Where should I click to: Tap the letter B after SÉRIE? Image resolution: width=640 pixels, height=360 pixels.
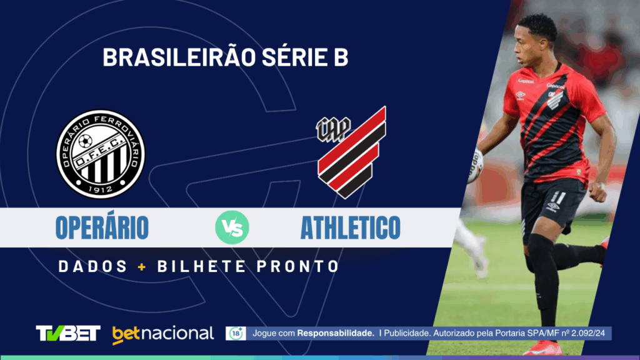pos(341,58)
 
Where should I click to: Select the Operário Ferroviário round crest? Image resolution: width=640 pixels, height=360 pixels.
pos(101,154)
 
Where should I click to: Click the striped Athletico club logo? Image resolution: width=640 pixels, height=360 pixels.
pos(352,152)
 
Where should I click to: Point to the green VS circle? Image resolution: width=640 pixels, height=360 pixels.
pos(232,228)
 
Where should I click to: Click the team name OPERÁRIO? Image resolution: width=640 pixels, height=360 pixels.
pos(102,228)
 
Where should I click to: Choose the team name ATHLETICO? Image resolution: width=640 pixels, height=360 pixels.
pos(350,228)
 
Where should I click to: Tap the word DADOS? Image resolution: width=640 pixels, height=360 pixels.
pos(92,266)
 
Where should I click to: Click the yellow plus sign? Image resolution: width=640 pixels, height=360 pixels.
pos(142,266)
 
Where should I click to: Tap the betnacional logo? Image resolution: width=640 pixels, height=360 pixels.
pos(163,334)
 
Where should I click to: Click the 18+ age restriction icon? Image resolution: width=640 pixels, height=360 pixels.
pos(236,333)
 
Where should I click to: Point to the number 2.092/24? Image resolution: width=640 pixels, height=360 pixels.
pos(587,334)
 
